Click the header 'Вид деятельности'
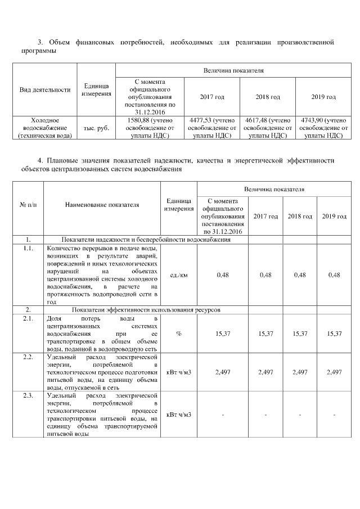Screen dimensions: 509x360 (x=45, y=89)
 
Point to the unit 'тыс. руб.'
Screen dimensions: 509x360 (x=96, y=128)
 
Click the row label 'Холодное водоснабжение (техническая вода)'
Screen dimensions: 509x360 (x=45, y=128)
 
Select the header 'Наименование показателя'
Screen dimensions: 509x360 (x=102, y=205)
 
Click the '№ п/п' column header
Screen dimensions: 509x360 (x=28, y=205)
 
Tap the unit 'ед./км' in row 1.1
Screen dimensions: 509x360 (x=179, y=274)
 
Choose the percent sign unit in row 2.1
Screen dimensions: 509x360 (x=179, y=334)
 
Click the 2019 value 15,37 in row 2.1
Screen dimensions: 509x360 (x=334, y=334)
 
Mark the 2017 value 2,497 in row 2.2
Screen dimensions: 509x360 (x=265, y=372)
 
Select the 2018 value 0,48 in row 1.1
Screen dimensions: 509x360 (x=300, y=274)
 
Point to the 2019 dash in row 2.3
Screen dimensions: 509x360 (x=334, y=415)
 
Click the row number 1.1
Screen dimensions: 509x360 (x=28, y=247)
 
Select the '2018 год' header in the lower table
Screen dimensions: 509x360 (x=300, y=217)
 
